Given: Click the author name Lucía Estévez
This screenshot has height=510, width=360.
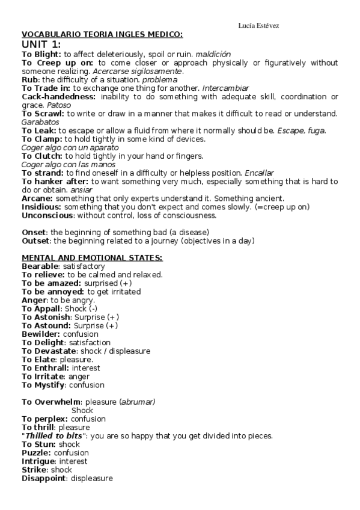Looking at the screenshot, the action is [258, 25].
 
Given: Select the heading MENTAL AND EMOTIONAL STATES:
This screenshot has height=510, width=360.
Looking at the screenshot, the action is [92, 257].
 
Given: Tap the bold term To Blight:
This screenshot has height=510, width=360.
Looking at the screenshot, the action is [41, 54].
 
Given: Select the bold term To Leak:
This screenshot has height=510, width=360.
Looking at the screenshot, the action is [39, 131].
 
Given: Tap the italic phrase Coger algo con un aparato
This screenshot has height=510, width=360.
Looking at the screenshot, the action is [70, 147].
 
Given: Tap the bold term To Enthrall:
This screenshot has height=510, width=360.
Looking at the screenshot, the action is [45, 367].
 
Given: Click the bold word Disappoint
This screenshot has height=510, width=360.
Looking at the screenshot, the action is [44, 478].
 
